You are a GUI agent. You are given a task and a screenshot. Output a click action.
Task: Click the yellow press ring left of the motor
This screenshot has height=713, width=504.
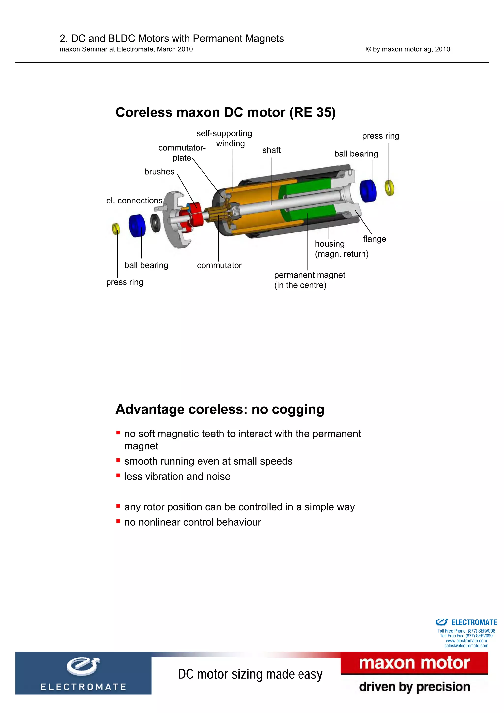[116, 229]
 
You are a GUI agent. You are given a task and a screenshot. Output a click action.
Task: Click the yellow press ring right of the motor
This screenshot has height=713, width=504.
[389, 188]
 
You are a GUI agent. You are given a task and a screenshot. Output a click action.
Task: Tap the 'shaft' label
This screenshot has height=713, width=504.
[271, 150]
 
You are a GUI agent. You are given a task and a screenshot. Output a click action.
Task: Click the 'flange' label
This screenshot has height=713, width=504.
[374, 239]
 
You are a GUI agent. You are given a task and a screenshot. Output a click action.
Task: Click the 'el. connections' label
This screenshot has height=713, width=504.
[134, 201]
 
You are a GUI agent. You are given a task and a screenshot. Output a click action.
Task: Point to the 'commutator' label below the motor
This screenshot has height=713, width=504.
[219, 265]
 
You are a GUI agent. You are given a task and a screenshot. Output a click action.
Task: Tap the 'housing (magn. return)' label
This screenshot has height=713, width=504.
[341, 249]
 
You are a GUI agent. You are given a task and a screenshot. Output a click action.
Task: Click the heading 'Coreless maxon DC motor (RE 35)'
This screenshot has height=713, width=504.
[225, 112]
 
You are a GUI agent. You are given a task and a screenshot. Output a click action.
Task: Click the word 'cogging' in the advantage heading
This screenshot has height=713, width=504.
[298, 409]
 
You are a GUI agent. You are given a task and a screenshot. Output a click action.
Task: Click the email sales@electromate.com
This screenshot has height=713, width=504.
[466, 646]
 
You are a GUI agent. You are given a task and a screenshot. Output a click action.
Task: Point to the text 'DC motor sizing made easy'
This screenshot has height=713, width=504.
[250, 674]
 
